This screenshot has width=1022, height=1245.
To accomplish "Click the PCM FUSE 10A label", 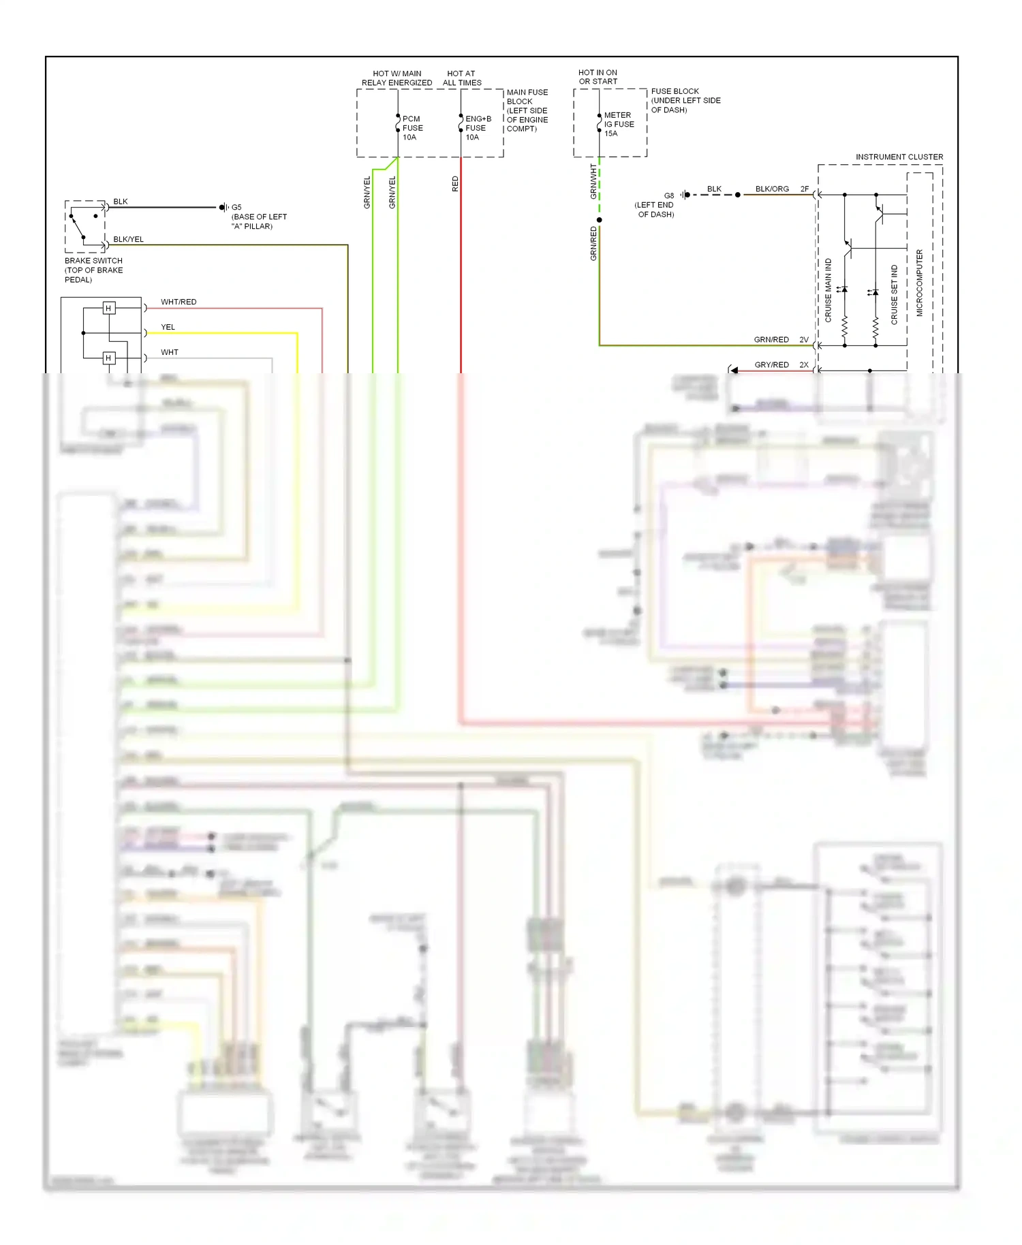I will pos(412,128).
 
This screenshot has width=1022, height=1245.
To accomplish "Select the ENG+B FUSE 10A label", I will pos(478,128).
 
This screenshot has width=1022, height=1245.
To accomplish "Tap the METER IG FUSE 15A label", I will pos(619,124).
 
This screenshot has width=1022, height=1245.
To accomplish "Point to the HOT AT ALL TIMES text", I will pos(462,78).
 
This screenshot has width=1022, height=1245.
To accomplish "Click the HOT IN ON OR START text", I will pos(598,77).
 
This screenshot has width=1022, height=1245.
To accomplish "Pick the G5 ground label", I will pos(236,207).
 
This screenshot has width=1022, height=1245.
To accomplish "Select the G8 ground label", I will pos(669,195).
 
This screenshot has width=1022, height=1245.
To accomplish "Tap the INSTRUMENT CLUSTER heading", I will pos(899,157).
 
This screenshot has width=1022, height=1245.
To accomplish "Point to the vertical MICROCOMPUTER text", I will pos(919,283).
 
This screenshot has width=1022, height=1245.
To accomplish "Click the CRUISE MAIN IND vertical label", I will pos(829,290).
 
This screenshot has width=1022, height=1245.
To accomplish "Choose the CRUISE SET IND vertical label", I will pos(895,294).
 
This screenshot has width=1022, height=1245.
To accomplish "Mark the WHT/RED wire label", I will pos(179,302).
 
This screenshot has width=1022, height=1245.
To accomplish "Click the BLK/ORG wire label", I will pos(772,189).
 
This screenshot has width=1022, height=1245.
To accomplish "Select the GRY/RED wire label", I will pos(771,365).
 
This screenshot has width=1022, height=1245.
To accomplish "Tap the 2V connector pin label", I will pos(804,339).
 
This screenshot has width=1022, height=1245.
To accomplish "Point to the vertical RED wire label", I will pos(455,184).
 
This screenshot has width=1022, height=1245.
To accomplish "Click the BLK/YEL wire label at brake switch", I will pos(128,239).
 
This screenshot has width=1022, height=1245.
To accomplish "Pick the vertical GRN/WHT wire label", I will pos(593,181).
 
